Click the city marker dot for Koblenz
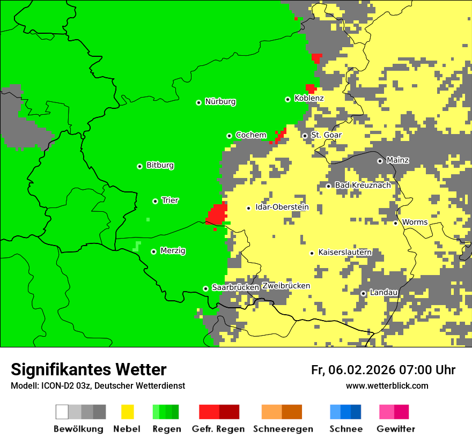288,99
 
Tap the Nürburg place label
220,102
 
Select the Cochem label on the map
251,136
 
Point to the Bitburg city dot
139,166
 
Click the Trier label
170,201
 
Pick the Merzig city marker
154,251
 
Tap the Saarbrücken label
235,288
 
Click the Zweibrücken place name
286,286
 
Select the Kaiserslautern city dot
312,253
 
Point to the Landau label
384,293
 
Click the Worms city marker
396,223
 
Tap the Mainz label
397,160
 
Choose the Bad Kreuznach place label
363,186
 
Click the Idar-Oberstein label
282,207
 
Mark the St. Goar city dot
305,136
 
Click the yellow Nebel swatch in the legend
127,412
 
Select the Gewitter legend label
396,429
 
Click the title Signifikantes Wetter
88,369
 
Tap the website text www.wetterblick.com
387,386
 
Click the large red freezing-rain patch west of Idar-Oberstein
218,214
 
